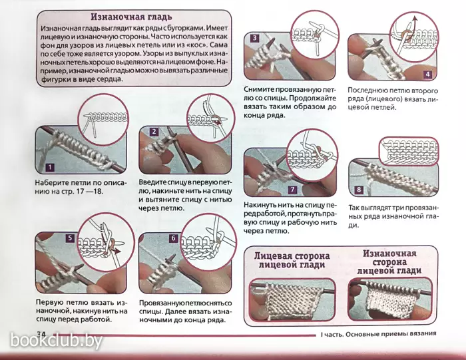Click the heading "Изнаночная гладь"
131,17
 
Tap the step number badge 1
50,167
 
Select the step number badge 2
154,132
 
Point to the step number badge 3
255,38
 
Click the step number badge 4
427,74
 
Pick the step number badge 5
70,238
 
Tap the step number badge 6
173,238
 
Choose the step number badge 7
292,190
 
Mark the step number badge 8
359,190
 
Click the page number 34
41,334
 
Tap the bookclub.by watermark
57,341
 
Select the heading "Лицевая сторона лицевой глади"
292,260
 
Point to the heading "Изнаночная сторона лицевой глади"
389,262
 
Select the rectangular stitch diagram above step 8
409,151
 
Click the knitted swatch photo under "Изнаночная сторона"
390,299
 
